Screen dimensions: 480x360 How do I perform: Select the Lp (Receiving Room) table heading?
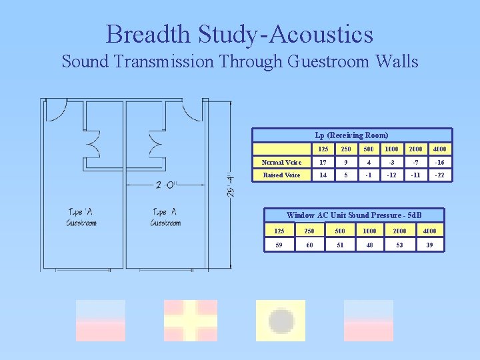[x=351, y=135]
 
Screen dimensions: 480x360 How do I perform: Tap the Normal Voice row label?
[x=281, y=163]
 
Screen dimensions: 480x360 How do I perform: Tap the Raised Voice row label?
[x=281, y=175]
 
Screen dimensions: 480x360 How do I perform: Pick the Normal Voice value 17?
[x=323, y=163]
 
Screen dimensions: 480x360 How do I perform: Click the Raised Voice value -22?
[x=440, y=175]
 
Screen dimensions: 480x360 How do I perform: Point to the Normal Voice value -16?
[x=440, y=163]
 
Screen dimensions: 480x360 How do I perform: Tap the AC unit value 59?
[x=279, y=245]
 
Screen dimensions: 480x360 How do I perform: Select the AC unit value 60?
[x=309, y=245]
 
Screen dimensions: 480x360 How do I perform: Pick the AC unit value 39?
[x=429, y=245]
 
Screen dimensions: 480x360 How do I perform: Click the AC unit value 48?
[x=369, y=245]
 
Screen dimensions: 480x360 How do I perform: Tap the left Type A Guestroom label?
[x=81, y=217]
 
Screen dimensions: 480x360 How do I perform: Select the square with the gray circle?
[x=281, y=321]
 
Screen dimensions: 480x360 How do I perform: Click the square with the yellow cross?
[x=191, y=321]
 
